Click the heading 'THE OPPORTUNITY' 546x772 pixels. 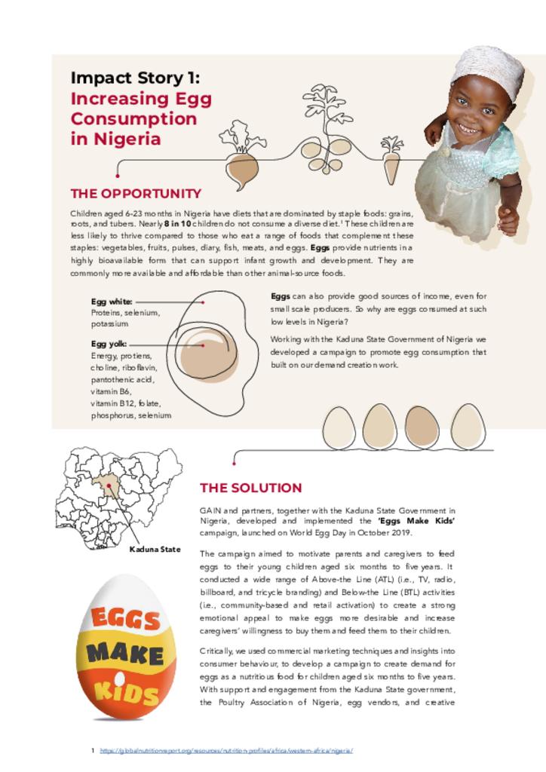coord(136,194)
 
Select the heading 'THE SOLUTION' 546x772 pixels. coord(250,488)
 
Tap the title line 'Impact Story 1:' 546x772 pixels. coord(135,78)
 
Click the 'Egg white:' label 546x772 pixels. coord(112,302)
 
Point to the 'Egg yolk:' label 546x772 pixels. coord(109,345)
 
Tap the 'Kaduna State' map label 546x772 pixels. coord(155,550)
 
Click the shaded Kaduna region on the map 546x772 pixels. coord(106,486)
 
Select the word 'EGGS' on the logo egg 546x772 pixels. coord(126,619)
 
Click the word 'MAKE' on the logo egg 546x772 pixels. coord(125,653)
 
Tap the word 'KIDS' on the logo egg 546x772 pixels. coord(126,688)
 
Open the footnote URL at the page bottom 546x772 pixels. coord(226,751)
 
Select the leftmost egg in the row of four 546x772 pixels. coord(339,427)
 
